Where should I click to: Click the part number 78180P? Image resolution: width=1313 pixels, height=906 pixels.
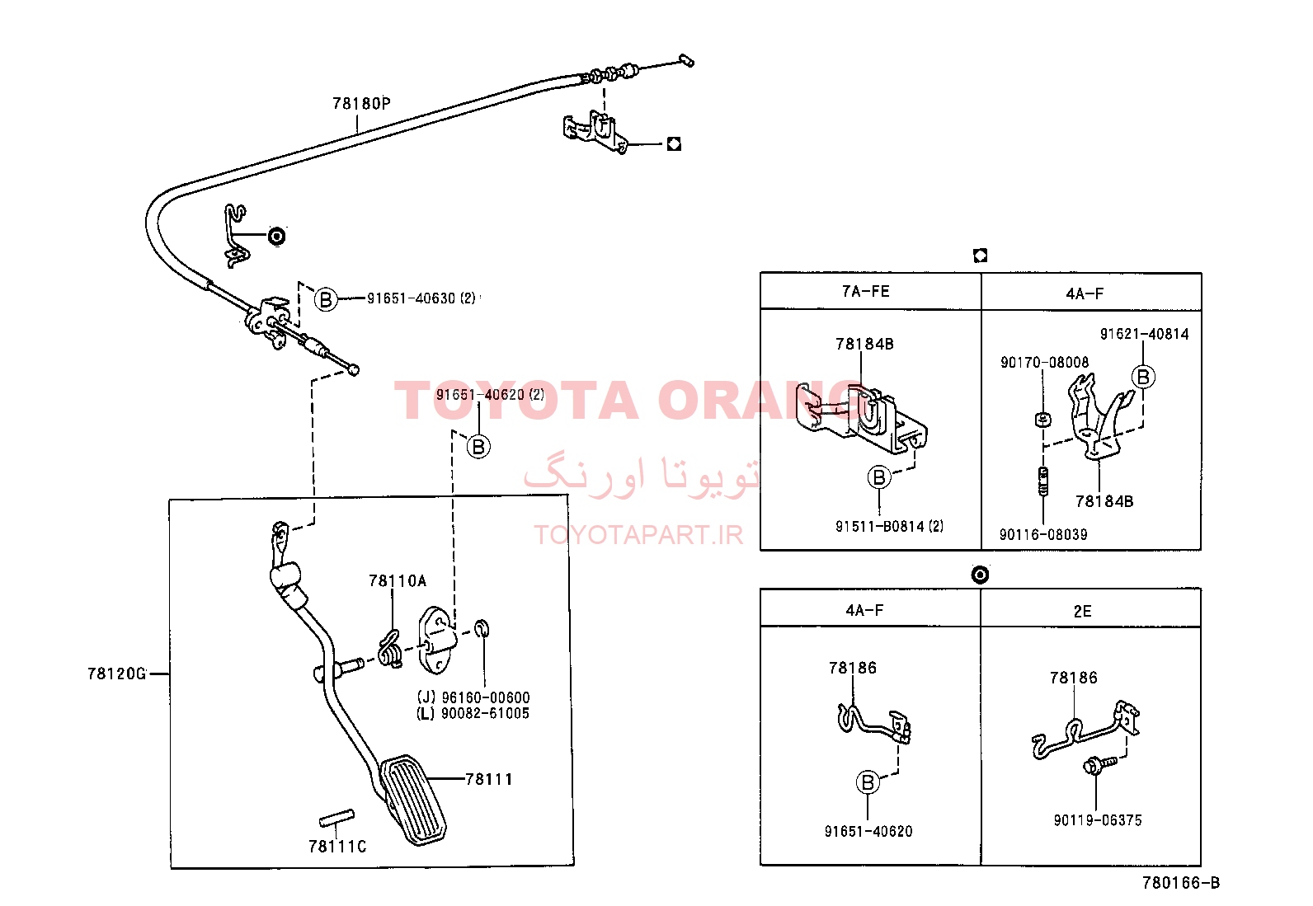tap(361, 104)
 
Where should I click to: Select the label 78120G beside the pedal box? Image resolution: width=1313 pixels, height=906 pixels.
tap(116, 674)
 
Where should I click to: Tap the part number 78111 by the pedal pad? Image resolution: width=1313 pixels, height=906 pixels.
tap(489, 779)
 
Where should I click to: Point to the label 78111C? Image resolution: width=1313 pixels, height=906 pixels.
tap(337, 847)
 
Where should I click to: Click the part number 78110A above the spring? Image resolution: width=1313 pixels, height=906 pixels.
tap(398, 580)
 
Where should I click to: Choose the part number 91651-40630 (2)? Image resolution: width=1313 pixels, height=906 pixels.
tap(421, 298)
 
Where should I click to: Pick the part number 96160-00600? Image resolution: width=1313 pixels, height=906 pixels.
tap(485, 697)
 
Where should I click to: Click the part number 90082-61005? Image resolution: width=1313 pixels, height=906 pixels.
tap(485, 713)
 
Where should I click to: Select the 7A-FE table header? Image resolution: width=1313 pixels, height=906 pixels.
tap(866, 291)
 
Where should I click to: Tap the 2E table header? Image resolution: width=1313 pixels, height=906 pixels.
tap(1082, 611)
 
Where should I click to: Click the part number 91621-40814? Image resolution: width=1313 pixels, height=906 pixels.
tap(1144, 334)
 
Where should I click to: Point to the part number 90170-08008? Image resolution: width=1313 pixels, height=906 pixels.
tap(1044, 362)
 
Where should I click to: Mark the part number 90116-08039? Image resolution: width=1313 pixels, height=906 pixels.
tap(1043, 534)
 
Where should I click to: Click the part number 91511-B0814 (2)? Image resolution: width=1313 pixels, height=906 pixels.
tap(889, 526)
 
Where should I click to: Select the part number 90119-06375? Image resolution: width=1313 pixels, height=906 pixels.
tap(1098, 820)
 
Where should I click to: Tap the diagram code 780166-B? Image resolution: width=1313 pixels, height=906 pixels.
tap(1181, 883)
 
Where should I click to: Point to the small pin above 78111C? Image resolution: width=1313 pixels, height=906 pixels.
tap(336, 818)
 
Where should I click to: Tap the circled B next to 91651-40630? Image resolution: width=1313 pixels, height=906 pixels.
tap(326, 299)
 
